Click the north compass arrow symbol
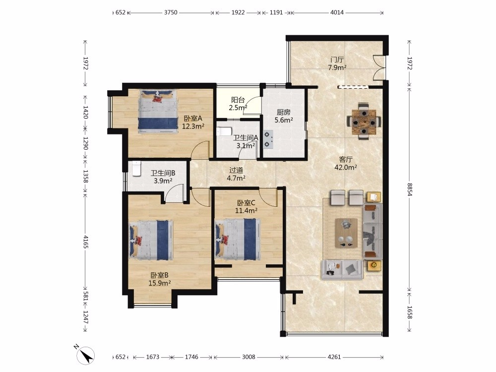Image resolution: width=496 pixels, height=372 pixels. click(x=85, y=356)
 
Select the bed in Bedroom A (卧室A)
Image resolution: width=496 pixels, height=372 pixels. click(x=158, y=111)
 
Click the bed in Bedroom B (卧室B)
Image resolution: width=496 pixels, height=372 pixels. click(x=151, y=240)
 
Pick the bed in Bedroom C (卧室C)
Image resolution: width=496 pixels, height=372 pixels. click(x=237, y=240)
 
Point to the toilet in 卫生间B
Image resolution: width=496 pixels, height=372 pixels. click(x=136, y=169)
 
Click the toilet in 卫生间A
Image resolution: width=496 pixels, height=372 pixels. click(x=224, y=131)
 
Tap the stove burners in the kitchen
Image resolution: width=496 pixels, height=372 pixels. click(x=268, y=140)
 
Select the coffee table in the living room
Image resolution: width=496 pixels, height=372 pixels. click(x=346, y=233)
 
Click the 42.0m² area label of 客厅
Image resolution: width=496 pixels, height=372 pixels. click(x=346, y=167)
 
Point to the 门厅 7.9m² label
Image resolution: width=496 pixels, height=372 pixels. click(x=337, y=63)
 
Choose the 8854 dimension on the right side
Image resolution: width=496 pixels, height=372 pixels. click(x=409, y=189)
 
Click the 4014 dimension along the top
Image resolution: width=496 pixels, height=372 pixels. click(x=337, y=13)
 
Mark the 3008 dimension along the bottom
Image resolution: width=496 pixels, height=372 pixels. click(x=248, y=357)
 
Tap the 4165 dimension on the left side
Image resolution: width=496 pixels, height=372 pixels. click(x=85, y=241)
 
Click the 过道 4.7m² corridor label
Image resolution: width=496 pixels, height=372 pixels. click(x=236, y=174)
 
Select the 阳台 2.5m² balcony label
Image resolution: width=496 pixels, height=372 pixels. click(x=238, y=104)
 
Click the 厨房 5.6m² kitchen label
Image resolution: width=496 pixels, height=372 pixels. click(x=283, y=116)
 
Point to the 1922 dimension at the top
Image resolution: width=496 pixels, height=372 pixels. click(x=238, y=13)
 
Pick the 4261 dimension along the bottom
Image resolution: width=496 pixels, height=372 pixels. click(x=334, y=357)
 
